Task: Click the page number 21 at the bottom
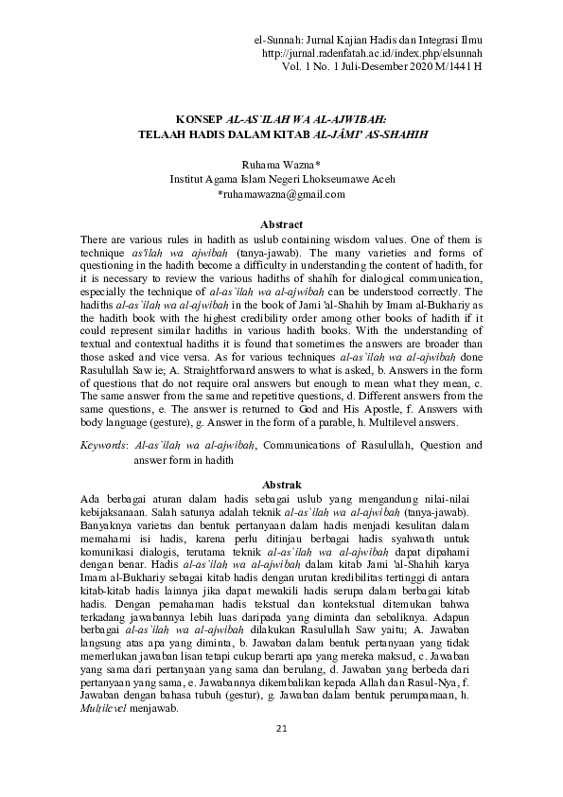pos(280,753)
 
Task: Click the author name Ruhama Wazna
pos(281,164)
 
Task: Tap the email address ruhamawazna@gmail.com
pos(281,193)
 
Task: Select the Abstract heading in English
pos(281,224)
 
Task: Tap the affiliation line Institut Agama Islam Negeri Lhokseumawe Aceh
pos(281,178)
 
